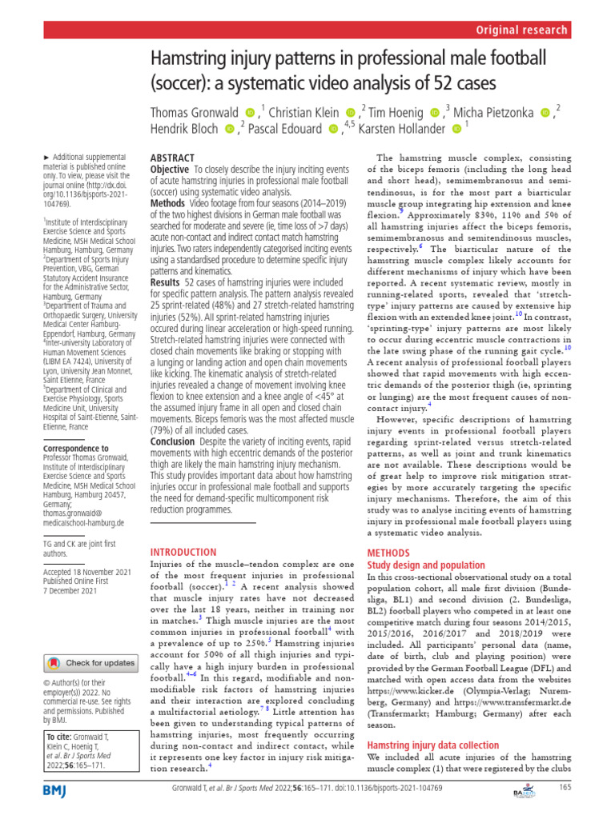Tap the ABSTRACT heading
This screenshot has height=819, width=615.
coord(173,159)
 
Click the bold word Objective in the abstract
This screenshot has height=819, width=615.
coord(170,171)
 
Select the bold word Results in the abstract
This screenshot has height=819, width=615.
coord(165,283)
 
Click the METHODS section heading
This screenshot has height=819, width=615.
coord(388,553)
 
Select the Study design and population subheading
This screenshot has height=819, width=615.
coord(425,565)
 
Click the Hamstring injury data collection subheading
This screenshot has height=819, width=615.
coord(432,745)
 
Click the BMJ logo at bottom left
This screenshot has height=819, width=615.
coord(57,789)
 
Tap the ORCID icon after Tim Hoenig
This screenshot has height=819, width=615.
coord(435,112)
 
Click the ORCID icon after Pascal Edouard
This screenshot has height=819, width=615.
coord(334,130)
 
